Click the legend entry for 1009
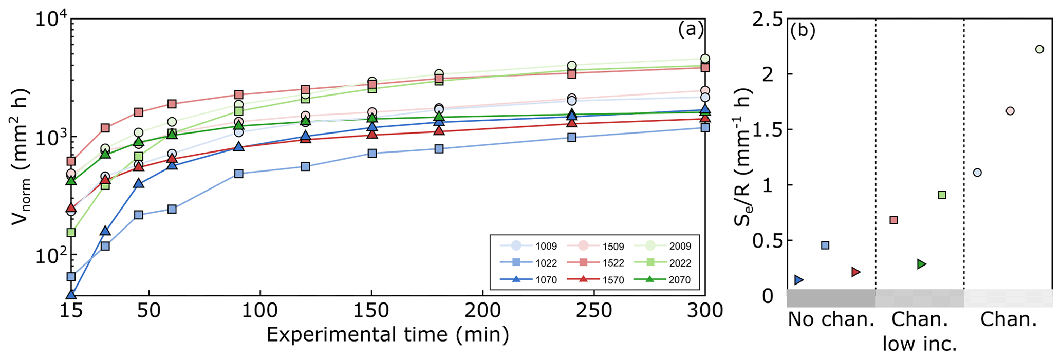529,246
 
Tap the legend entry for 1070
529,280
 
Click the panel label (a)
690,29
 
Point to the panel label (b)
803,31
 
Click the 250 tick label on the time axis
594,311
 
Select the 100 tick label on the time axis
260,311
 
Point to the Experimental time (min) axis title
387,335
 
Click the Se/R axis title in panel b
743,157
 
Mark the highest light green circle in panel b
1039,49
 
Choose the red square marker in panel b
893,220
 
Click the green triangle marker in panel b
922,264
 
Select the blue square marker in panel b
825,245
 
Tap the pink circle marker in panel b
1010,111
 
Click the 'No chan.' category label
831,320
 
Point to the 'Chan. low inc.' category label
920,332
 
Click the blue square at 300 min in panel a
705,127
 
